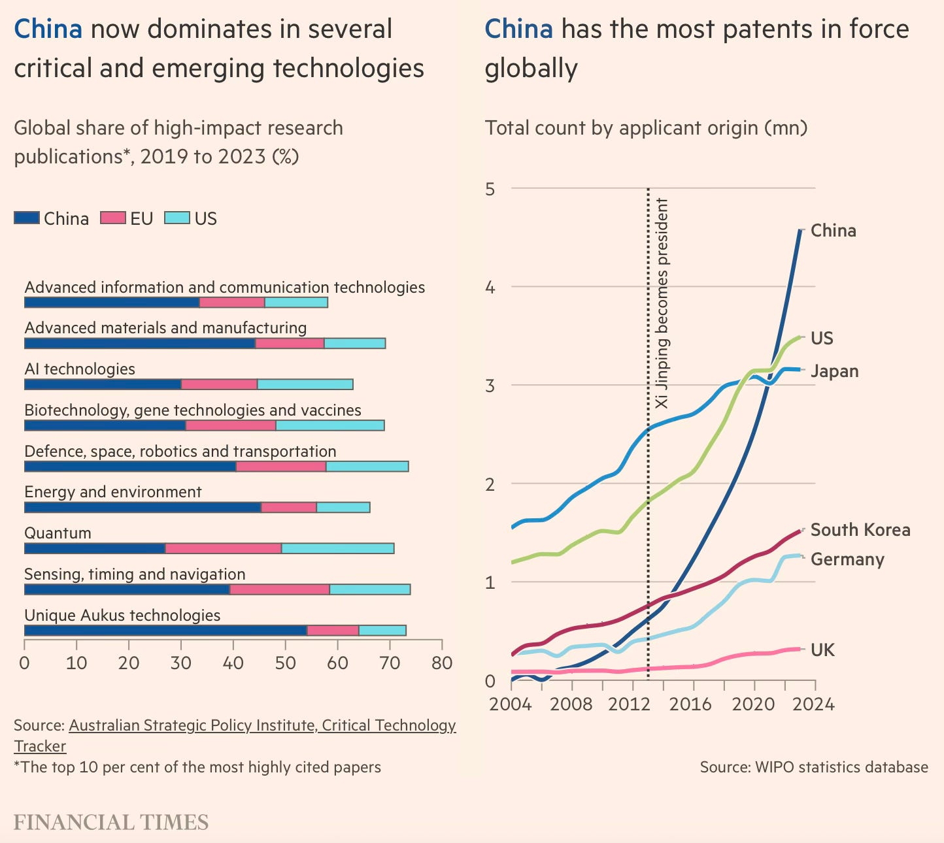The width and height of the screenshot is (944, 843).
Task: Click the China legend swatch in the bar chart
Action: click(x=27, y=218)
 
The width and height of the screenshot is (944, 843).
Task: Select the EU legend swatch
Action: click(x=112, y=218)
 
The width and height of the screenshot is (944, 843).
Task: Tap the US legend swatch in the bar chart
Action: click(x=177, y=218)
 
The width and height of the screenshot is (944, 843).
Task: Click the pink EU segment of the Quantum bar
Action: click(x=223, y=548)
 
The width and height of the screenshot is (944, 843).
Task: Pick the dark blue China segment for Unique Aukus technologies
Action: click(x=165, y=631)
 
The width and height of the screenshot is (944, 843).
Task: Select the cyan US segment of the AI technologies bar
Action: click(x=305, y=384)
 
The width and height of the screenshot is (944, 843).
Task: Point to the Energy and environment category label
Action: click(x=113, y=492)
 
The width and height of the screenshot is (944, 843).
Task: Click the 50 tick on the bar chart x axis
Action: click(x=285, y=663)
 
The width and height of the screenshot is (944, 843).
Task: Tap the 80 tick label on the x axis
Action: click(x=442, y=663)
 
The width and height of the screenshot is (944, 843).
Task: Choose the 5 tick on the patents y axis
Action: click(x=490, y=190)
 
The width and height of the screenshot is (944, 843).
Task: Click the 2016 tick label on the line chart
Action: click(x=690, y=704)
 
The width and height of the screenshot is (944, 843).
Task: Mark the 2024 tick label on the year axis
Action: click(x=815, y=704)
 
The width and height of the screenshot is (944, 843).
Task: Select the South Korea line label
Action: click(x=860, y=530)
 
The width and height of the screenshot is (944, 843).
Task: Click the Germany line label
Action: click(x=847, y=559)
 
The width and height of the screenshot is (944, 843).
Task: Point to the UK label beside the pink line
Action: click(x=822, y=650)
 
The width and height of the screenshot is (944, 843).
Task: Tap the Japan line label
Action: click(x=834, y=371)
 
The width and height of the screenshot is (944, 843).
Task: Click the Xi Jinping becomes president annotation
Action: click(x=662, y=303)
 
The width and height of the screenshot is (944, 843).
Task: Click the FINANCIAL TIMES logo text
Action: click(x=111, y=822)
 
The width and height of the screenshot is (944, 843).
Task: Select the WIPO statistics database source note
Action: click(x=814, y=767)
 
